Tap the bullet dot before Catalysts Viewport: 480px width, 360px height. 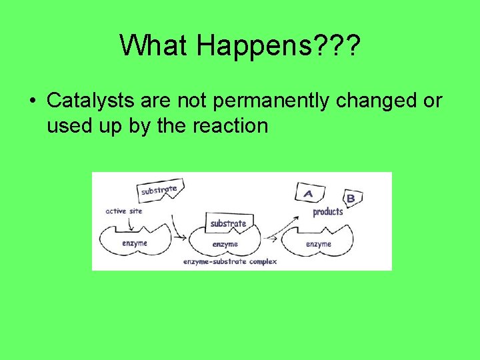pos(32,101)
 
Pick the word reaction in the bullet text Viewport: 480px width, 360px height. pos(230,125)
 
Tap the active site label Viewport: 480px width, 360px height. pos(124,211)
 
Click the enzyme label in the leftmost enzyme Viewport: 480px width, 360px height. pos(134,243)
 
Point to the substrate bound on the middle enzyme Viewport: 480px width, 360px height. pos(228,223)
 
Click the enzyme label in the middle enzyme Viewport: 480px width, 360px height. pos(225,245)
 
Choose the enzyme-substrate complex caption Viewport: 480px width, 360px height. pos(229,262)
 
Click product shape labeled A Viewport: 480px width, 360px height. pos(309,193)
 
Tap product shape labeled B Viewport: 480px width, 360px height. pos(351,198)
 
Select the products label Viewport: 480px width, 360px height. pos(327,212)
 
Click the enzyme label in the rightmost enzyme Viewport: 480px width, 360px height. pos(318,244)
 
